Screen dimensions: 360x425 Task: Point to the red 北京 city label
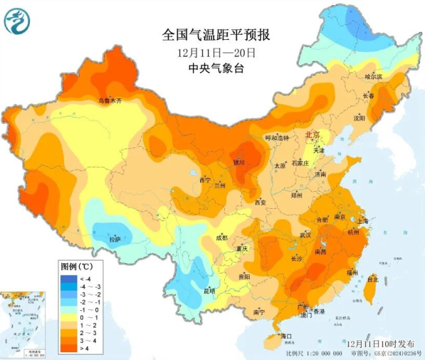pos(313,135)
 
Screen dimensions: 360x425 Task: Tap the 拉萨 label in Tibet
pos(114,240)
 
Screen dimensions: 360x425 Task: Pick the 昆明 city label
pos(209,290)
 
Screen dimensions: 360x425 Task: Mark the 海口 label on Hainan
pos(285,336)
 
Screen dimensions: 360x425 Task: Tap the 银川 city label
pos(239,162)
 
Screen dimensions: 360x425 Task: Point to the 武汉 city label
pos(305,234)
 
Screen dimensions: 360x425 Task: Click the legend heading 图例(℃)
pos(76,266)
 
